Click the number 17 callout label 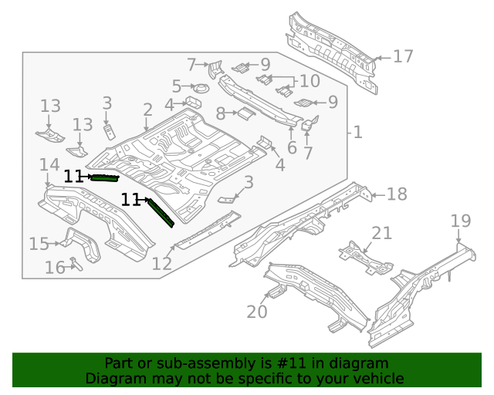coord(403,56)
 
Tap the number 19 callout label coord(461,221)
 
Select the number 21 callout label coord(381,233)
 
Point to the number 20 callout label coord(256,312)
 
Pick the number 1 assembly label coord(357,133)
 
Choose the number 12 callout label coord(161,264)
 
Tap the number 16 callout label coord(54,268)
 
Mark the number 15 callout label coord(39,245)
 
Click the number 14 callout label coord(49,164)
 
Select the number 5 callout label coord(176,86)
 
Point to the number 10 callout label coord(309,81)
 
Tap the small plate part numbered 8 coord(245,114)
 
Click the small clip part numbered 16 coord(75,262)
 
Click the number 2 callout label coord(147,110)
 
